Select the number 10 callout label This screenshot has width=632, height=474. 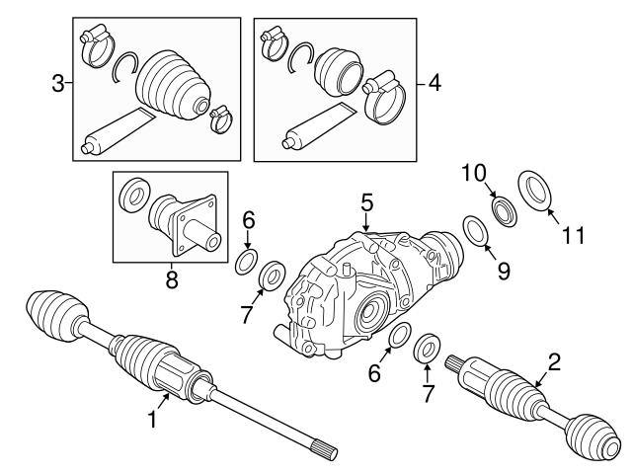(473, 174)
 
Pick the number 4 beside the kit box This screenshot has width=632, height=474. (434, 84)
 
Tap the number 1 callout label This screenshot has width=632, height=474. (152, 420)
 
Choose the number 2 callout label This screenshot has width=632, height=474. (554, 362)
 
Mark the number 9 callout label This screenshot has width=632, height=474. (503, 270)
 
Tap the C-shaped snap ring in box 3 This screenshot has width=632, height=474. (124, 67)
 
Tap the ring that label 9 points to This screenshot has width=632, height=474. (475, 231)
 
